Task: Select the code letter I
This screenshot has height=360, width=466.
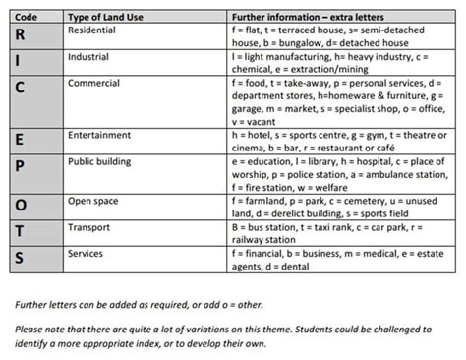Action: tap(19, 60)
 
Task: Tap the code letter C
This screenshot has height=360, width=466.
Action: tap(20, 88)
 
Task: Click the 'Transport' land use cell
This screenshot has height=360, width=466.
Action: tap(89, 226)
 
